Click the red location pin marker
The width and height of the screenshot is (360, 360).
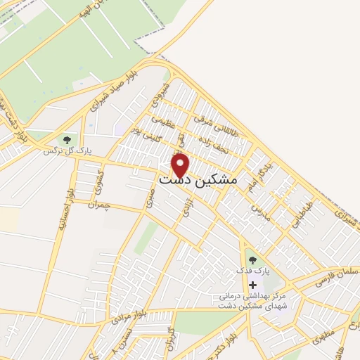[181, 165]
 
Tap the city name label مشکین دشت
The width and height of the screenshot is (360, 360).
[199, 181]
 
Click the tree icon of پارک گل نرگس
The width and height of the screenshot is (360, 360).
[67, 139]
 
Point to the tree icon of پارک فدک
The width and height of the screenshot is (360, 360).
[252, 260]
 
